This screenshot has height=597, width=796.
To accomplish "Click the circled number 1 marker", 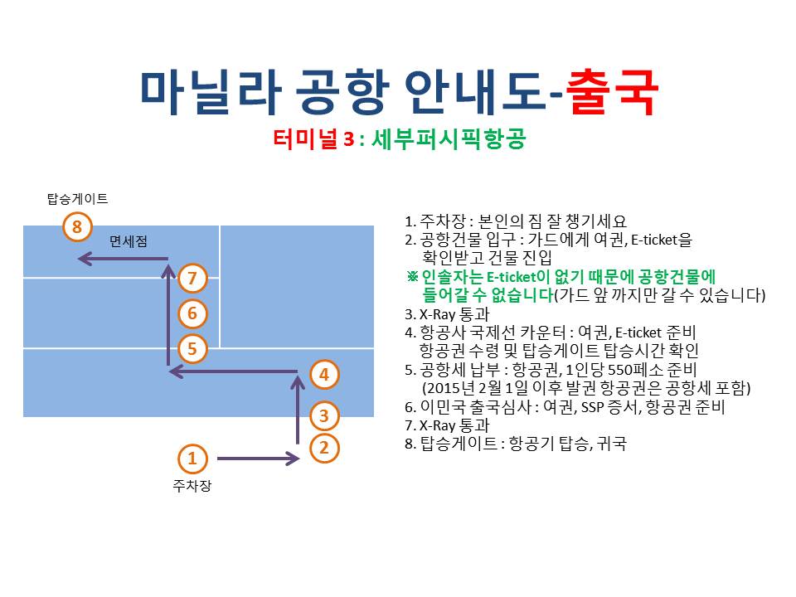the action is point(192,459).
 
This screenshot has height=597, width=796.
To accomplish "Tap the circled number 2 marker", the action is point(324,448).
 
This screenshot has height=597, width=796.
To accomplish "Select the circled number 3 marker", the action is point(324,415).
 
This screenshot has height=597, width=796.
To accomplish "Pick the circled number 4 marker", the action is point(324,375).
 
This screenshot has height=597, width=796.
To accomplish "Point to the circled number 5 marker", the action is point(192,348).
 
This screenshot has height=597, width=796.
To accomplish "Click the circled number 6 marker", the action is point(192,313).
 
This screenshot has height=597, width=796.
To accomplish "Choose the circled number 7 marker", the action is point(192,278).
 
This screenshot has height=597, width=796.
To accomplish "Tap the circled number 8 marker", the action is point(76,226).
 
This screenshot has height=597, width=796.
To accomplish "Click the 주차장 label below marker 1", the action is point(192,486).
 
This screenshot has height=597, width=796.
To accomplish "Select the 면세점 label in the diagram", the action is point(129,241).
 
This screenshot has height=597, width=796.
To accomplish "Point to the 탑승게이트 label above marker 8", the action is point(78,198).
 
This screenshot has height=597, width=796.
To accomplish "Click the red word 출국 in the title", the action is point(612,92).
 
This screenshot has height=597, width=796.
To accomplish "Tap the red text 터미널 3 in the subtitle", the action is point(313,138).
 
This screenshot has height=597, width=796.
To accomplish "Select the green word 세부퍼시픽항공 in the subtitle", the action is point(449,138).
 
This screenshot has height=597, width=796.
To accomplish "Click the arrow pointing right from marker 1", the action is point(259,459).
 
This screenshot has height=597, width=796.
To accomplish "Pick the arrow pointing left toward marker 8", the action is point(123,259).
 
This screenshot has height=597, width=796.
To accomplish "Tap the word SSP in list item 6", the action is point(592,407).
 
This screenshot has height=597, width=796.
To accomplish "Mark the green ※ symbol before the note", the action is point(412,276).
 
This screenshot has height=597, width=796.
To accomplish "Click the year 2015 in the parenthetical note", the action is point(443,388).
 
